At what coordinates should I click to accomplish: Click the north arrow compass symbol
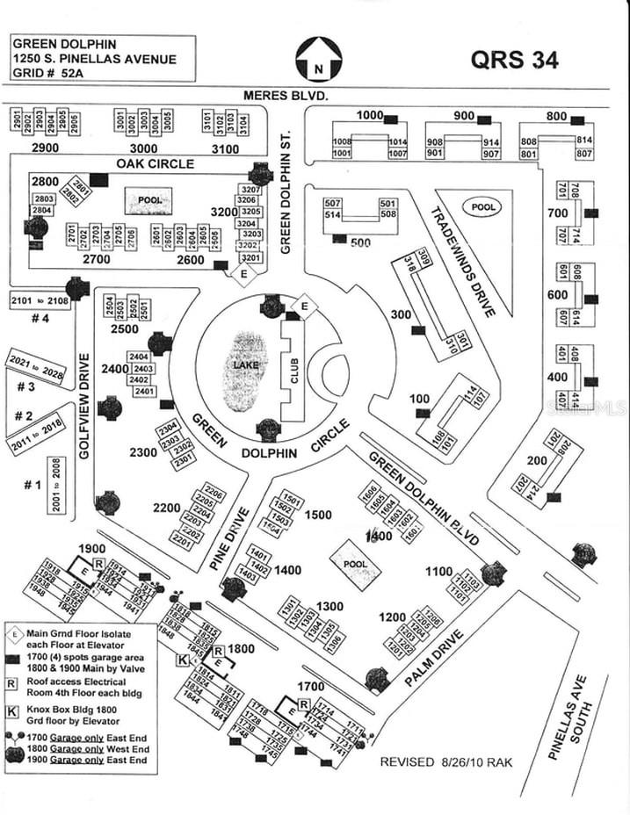point(317,59)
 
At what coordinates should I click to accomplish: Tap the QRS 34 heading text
point(514,60)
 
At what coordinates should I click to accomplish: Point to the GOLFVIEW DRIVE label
point(85,406)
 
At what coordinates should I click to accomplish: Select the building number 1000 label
point(370,116)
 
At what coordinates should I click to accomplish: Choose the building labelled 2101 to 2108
point(40,300)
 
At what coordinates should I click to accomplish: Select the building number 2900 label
point(45,148)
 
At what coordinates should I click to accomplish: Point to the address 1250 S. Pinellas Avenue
point(94,59)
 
